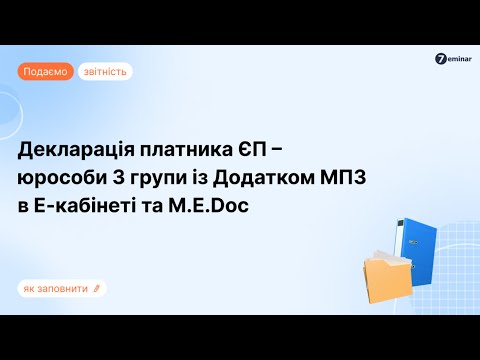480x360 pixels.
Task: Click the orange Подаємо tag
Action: point(45,71)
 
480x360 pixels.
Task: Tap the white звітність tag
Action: point(105,71)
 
